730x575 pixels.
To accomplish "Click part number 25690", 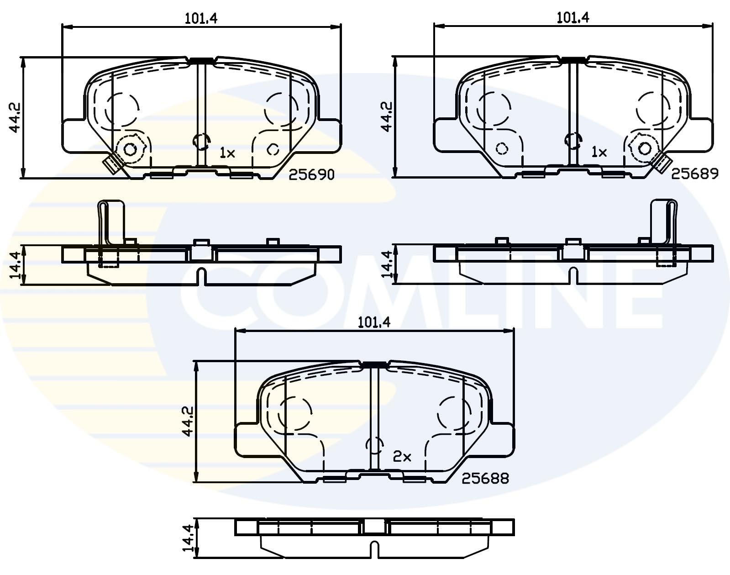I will pyautogui.click(x=312, y=174).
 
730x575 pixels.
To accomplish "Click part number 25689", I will pyautogui.click(x=695, y=173).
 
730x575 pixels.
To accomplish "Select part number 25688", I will pyautogui.click(x=485, y=478).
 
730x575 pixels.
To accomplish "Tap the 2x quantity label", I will pyautogui.click(x=402, y=456).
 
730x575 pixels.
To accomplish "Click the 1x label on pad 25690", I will pyautogui.click(x=227, y=153).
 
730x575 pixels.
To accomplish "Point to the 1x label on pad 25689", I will pyautogui.click(x=599, y=152).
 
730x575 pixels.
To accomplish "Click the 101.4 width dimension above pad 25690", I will pyautogui.click(x=201, y=18).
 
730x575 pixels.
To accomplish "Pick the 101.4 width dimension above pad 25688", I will pyautogui.click(x=374, y=322).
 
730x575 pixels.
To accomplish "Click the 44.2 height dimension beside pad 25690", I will pyautogui.click(x=15, y=117).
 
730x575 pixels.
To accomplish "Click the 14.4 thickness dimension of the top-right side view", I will pyautogui.click(x=388, y=265).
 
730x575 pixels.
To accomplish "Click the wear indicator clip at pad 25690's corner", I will pyautogui.click(x=112, y=164).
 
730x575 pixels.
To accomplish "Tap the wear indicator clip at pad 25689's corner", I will pyautogui.click(x=663, y=163).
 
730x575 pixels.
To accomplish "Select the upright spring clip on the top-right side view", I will pyautogui.click(x=663, y=222).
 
